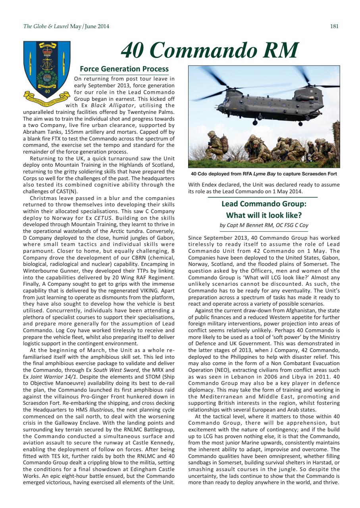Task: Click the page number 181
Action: point(334,27)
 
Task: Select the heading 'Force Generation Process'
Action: point(124,69)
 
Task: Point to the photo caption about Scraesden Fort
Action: point(264,173)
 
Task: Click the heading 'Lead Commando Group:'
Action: point(264,205)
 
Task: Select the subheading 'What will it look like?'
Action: point(264,216)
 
